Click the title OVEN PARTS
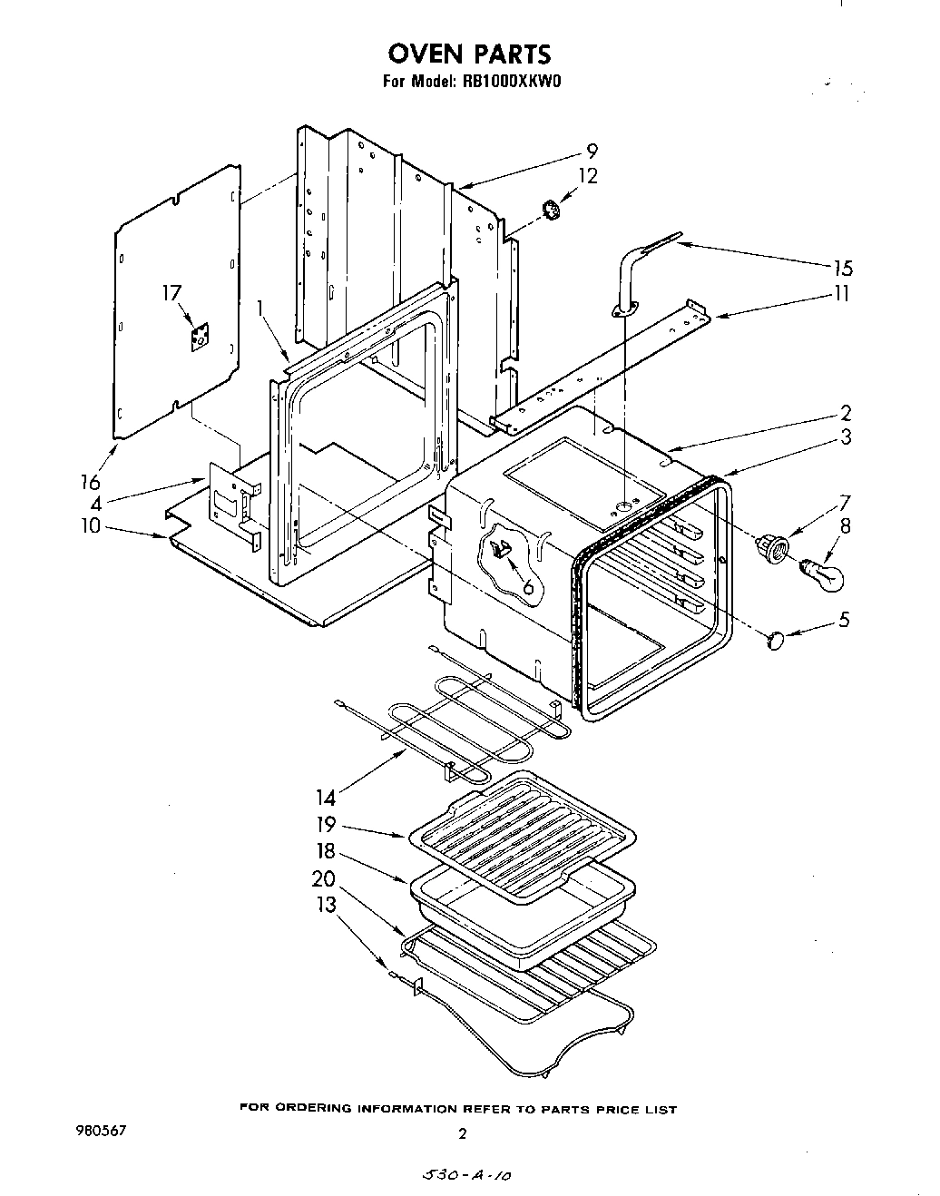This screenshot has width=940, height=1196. [x=468, y=54]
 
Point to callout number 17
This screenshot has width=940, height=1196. [x=171, y=293]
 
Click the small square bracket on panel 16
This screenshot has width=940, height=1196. [x=199, y=338]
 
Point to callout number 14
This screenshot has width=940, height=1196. [x=326, y=798]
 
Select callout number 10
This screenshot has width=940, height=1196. [x=90, y=525]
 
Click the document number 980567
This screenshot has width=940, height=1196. [x=101, y=1132]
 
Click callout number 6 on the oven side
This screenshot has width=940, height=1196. [x=527, y=587]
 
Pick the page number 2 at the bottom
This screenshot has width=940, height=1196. [x=462, y=1133]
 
